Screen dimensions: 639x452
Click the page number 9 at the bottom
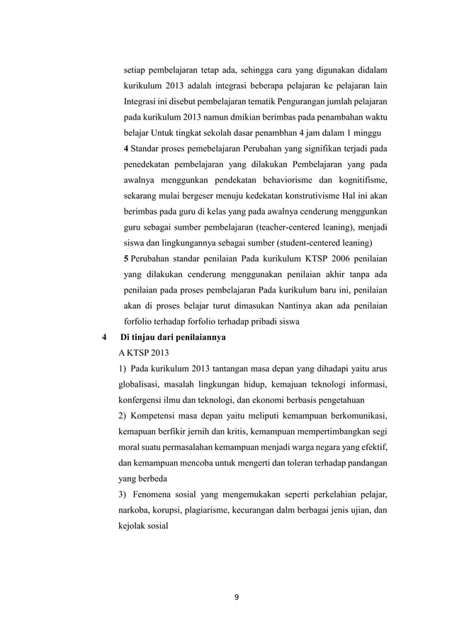(x=237, y=596)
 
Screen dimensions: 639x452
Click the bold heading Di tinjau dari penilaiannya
(x=174, y=338)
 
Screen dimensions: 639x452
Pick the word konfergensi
(x=141, y=401)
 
